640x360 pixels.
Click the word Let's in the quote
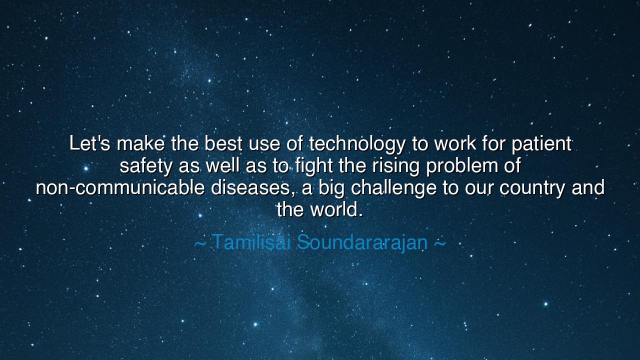(89, 144)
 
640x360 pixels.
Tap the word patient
(541, 144)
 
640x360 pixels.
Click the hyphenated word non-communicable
(120, 188)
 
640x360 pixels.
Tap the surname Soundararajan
(362, 242)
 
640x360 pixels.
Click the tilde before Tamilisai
(200, 243)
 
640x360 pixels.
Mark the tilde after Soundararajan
(439, 243)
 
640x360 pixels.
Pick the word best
(223, 144)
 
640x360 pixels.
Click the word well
(223, 166)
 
